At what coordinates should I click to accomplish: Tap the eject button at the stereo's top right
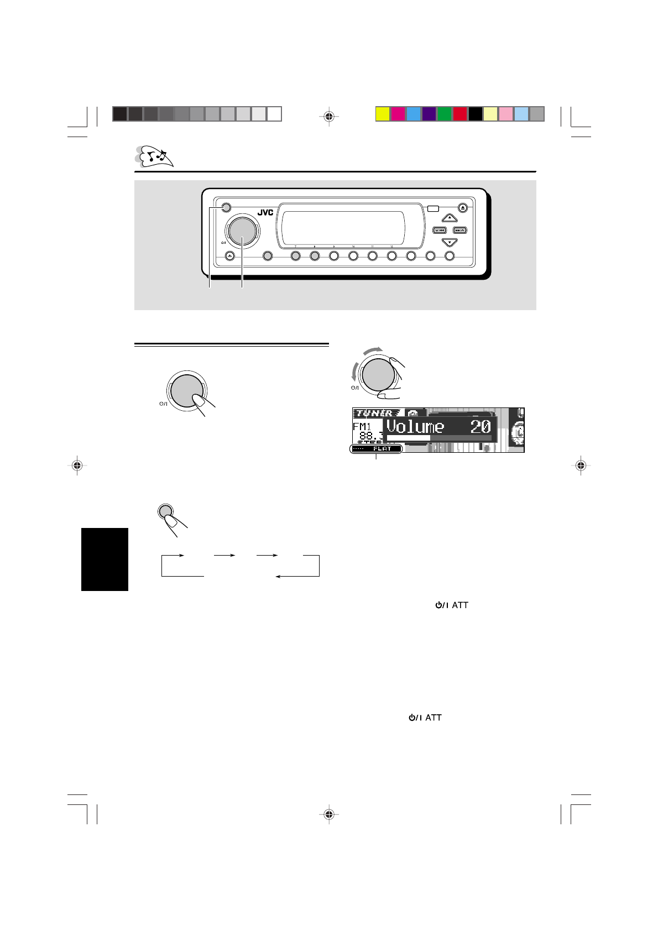(x=463, y=208)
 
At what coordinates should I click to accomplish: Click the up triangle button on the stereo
(x=450, y=218)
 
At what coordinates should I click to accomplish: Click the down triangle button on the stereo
(x=450, y=242)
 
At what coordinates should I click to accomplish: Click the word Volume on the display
(x=415, y=426)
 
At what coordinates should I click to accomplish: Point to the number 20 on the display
(x=480, y=426)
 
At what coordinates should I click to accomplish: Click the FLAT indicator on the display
(x=379, y=449)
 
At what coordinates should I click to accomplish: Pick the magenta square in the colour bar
(x=398, y=114)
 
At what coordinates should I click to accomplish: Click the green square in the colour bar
(x=445, y=114)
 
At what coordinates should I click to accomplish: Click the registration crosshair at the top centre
(x=329, y=116)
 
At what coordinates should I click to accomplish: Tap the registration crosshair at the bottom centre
(x=329, y=814)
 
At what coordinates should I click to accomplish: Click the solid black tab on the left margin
(x=105, y=559)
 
